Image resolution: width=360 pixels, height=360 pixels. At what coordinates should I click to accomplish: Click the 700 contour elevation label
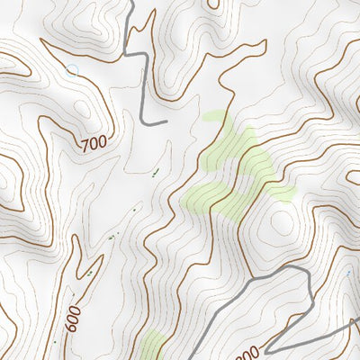(94, 143)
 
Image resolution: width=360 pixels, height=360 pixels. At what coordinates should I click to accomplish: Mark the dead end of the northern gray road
(166, 121)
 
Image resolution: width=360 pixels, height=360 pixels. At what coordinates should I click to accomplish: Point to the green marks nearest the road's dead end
(155, 171)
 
